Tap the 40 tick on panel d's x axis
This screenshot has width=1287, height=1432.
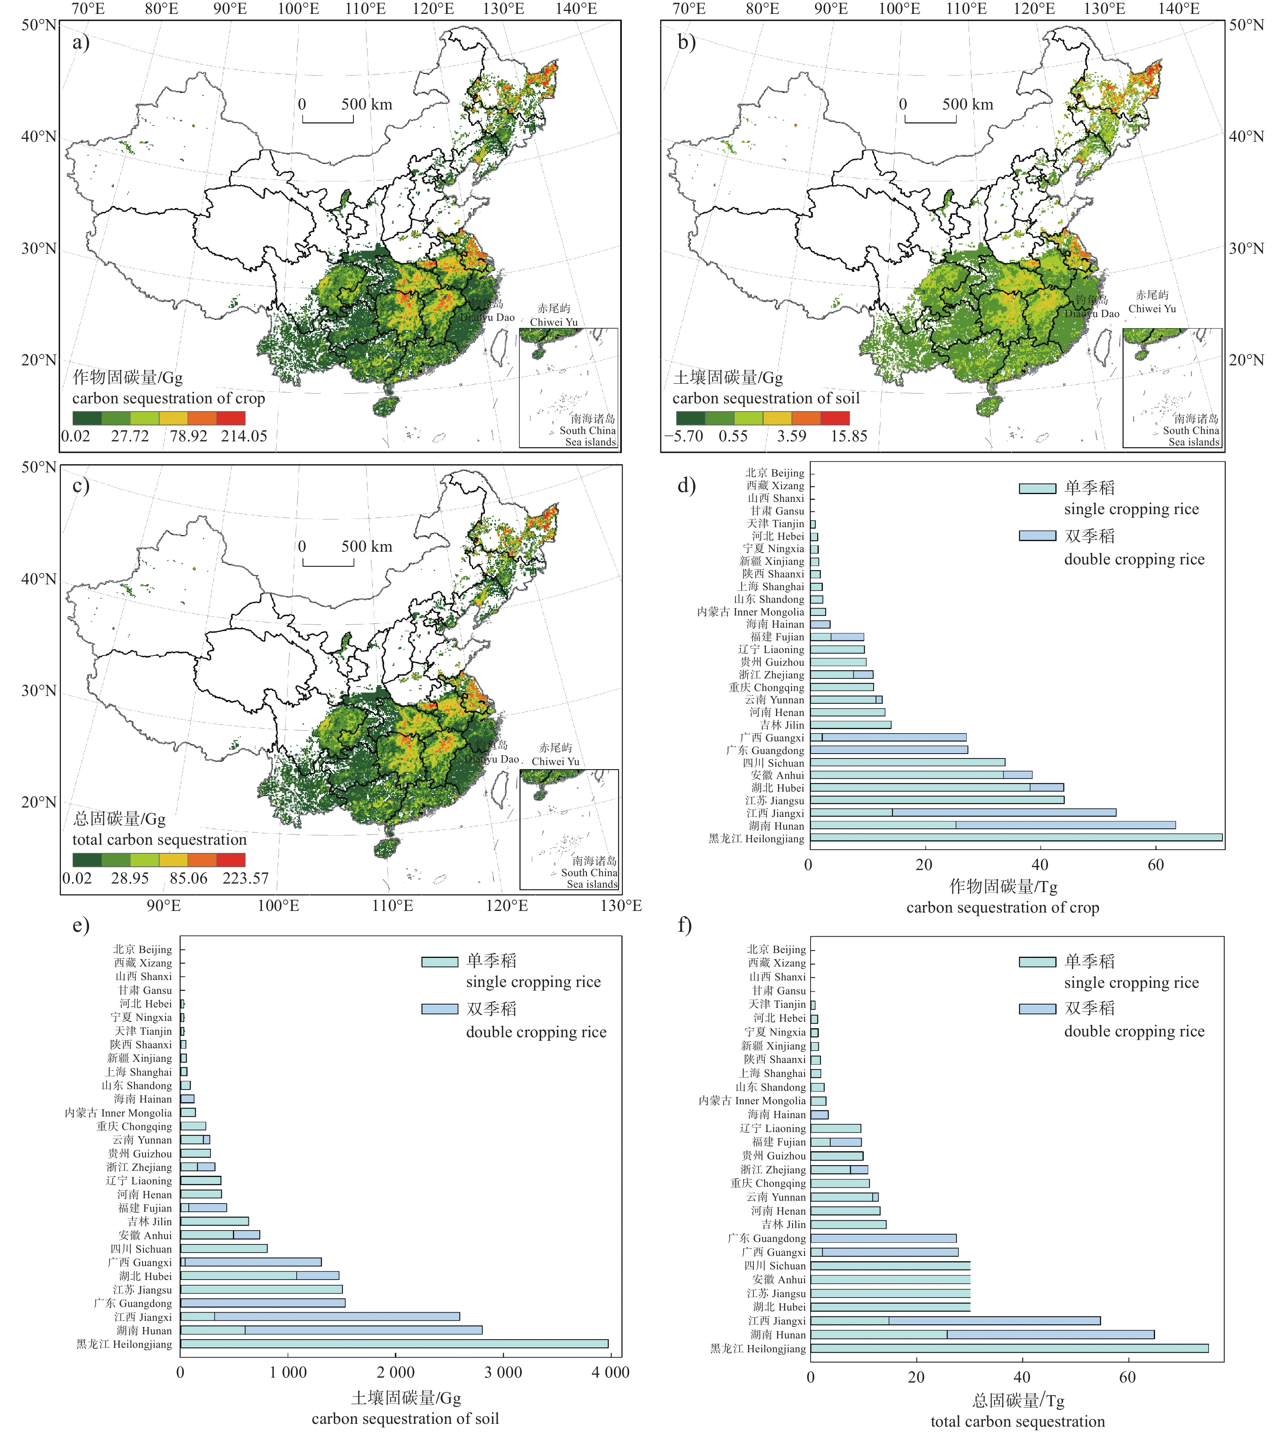tap(1039, 865)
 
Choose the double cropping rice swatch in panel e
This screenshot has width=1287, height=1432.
tap(439, 1009)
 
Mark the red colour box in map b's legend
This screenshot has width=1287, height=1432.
tap(835, 418)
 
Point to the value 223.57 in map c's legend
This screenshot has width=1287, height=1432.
tap(246, 878)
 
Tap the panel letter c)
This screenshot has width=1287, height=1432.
tap(80, 486)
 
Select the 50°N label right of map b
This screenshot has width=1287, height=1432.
tap(1246, 25)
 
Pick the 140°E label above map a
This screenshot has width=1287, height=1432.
tap(576, 9)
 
